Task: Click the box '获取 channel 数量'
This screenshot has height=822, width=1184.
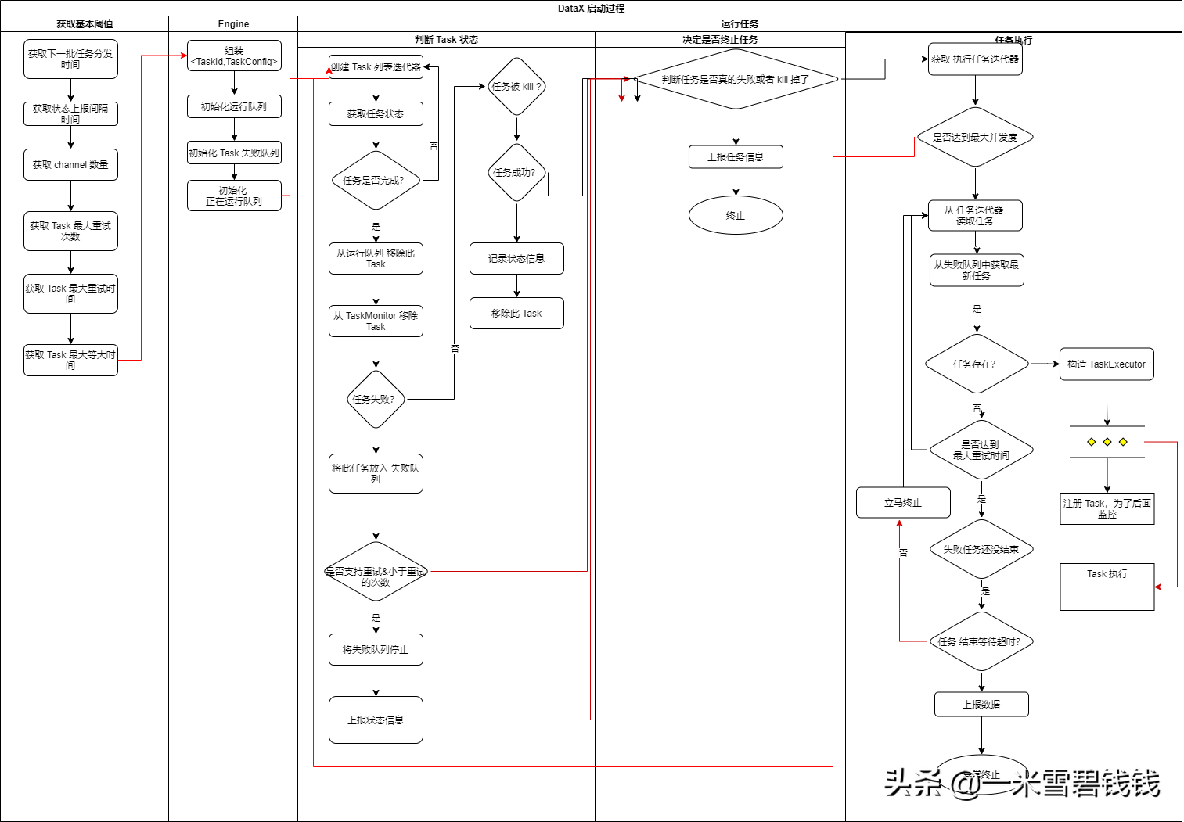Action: click(70, 165)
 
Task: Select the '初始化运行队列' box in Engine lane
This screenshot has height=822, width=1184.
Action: click(234, 106)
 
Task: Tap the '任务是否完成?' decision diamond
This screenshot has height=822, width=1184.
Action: click(376, 181)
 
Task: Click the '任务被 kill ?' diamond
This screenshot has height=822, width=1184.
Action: click(516, 87)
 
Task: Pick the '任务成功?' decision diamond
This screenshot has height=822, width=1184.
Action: click(516, 173)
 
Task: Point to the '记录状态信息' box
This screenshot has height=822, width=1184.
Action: click(516, 259)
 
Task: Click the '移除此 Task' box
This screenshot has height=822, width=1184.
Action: click(516, 314)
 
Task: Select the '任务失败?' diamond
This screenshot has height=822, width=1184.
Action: click(376, 400)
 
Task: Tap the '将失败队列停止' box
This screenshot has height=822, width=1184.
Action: click(376, 650)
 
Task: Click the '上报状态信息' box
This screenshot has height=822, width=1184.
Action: click(376, 720)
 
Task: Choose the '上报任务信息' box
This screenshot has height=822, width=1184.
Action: click(736, 157)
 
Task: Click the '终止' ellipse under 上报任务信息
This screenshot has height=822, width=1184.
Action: click(736, 216)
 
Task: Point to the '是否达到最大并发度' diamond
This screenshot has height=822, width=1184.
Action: click(975, 138)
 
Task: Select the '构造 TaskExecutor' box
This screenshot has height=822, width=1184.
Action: click(1107, 364)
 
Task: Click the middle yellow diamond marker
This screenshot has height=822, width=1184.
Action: click(1107, 442)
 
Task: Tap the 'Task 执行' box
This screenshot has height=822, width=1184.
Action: click(1107, 587)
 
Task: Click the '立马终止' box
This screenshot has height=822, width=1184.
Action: click(903, 503)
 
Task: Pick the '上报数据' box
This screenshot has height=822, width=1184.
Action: click(981, 705)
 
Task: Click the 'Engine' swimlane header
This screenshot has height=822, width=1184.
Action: click(233, 24)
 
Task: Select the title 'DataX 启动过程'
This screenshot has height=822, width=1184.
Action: click(591, 9)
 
